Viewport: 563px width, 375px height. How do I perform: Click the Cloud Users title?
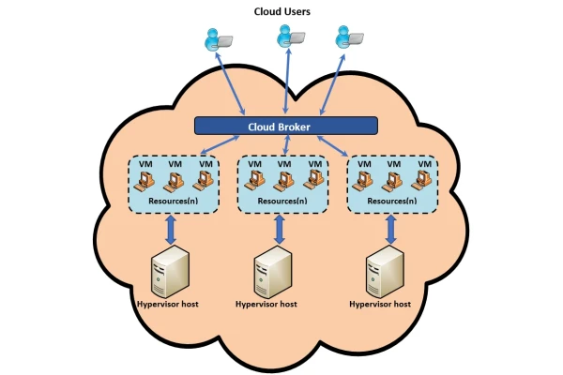coord(282,11)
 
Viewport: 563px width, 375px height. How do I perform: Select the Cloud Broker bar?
coord(285,126)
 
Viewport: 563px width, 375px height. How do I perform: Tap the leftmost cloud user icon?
coord(216,40)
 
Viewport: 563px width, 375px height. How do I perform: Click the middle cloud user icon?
coord(288,37)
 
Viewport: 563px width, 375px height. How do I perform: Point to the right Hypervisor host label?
coord(380,304)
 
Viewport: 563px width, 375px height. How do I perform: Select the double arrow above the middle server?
coord(280,229)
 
